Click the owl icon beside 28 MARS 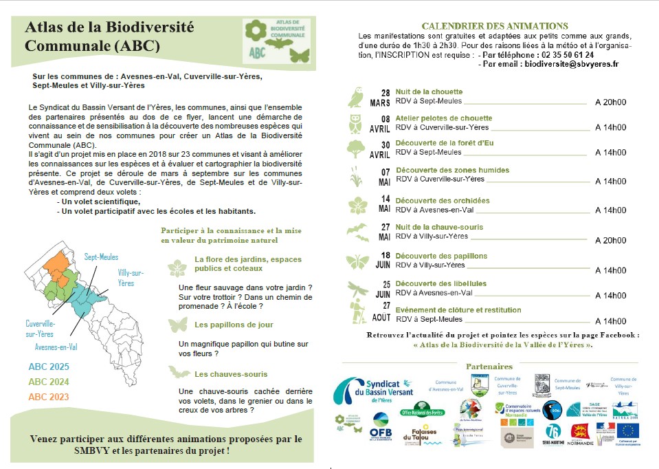point(355,98)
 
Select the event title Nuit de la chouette point(429,91)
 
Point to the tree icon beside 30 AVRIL point(356,149)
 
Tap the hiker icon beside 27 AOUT point(357,314)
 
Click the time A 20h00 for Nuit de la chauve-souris point(610,241)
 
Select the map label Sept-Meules point(101,257)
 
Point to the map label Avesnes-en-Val point(56,347)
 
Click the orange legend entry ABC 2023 point(49,397)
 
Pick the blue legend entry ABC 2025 point(49,367)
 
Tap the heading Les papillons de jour point(234,325)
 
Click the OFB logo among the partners point(381,420)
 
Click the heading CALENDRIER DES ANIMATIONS point(495,26)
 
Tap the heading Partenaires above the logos point(489,367)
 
